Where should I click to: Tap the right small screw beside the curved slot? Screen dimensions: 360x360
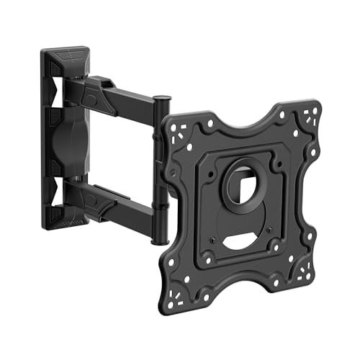[269, 231]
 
